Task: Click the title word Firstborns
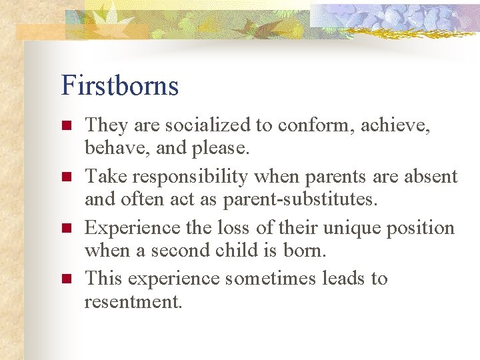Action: (x=120, y=86)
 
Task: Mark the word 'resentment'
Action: (x=133, y=302)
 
